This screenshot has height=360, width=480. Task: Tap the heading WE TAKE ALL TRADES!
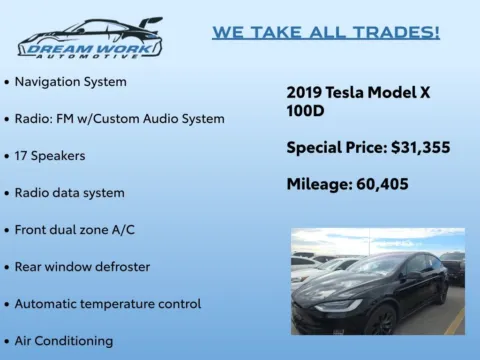pos(325,32)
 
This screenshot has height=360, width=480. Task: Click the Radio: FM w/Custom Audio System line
pos(119,118)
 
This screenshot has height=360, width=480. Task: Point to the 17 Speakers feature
pos(50,155)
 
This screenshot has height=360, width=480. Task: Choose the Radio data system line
pos(69,192)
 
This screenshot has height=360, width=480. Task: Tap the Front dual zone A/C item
pos(74,229)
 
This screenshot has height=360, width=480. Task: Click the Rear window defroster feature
pos(82,266)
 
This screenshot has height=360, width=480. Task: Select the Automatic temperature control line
pos(107,303)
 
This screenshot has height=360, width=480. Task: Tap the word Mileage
pos(313,184)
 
